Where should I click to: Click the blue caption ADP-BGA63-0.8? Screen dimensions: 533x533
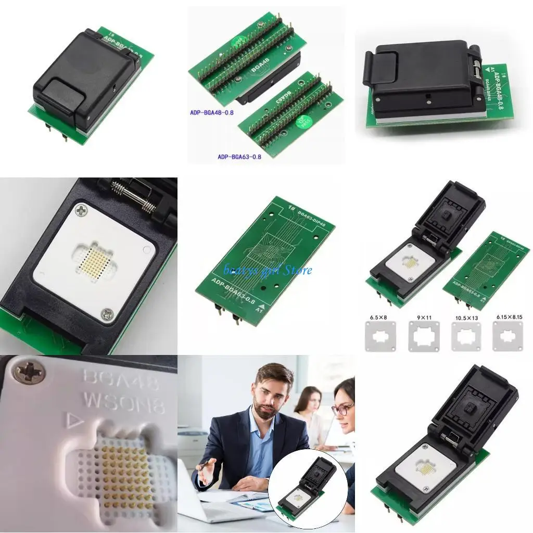(x=239, y=156)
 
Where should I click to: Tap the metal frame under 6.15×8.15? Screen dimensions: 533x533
(x=507, y=336)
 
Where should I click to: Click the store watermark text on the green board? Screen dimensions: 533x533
(x=268, y=270)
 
